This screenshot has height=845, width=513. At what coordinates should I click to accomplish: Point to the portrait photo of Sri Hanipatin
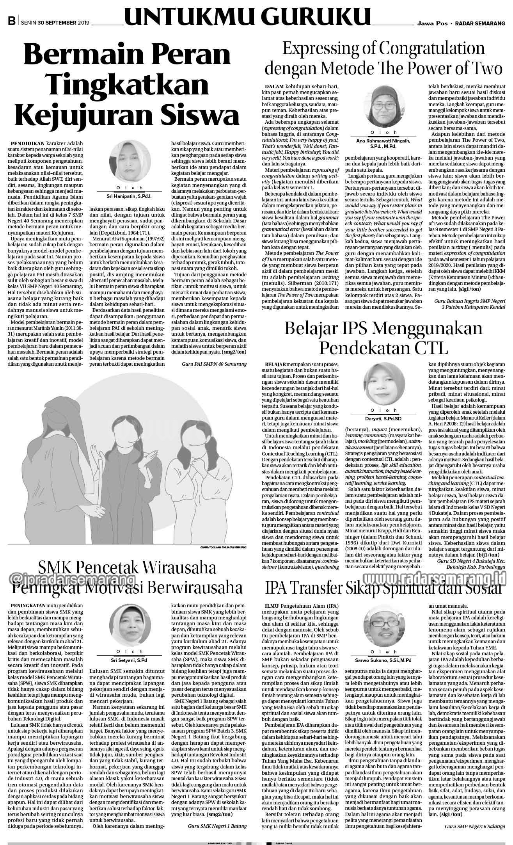pyautogui.click(x=127, y=160)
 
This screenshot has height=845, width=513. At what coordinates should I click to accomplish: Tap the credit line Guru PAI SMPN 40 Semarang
pyautogui.click(x=214, y=364)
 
